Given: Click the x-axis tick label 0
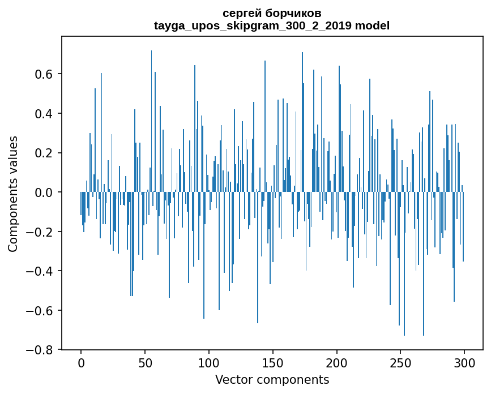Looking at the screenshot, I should point(81,363).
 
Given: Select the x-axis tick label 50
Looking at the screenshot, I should point(145,363).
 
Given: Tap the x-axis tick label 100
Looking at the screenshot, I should point(209,363).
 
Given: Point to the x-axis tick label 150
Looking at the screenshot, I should point(273,363).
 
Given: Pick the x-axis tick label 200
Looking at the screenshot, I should point(337,363).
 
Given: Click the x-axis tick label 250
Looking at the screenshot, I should point(401,363).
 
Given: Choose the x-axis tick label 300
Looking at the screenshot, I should point(465,363).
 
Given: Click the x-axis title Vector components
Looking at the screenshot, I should point(272,379).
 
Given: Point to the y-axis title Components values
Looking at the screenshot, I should point(13,193).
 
